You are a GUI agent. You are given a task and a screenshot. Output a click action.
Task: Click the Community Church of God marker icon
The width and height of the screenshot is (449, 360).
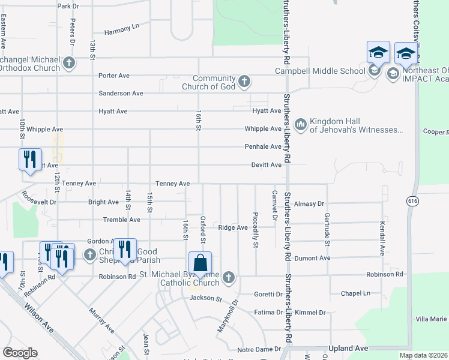244,82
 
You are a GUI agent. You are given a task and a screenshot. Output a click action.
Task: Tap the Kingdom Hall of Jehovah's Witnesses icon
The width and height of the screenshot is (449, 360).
301,124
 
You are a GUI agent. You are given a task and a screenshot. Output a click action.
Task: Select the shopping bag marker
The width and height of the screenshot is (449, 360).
200,264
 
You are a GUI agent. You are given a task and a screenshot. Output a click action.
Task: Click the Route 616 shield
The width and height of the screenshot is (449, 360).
411,200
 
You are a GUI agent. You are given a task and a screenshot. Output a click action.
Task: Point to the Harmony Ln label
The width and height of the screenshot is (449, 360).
122,29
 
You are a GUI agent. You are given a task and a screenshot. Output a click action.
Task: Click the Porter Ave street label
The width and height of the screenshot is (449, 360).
114,76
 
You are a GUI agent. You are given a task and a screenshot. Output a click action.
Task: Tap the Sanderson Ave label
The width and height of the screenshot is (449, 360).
121,94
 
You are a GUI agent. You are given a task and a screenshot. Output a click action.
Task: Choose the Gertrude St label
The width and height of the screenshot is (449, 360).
327,229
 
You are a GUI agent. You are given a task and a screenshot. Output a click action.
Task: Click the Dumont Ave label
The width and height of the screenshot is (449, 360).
316,258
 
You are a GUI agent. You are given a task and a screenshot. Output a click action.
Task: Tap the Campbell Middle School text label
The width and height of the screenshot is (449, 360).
320,71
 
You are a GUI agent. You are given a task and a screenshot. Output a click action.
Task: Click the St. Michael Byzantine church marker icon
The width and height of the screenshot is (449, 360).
228,277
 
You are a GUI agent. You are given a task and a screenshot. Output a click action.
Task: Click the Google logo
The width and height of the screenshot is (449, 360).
20,353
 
